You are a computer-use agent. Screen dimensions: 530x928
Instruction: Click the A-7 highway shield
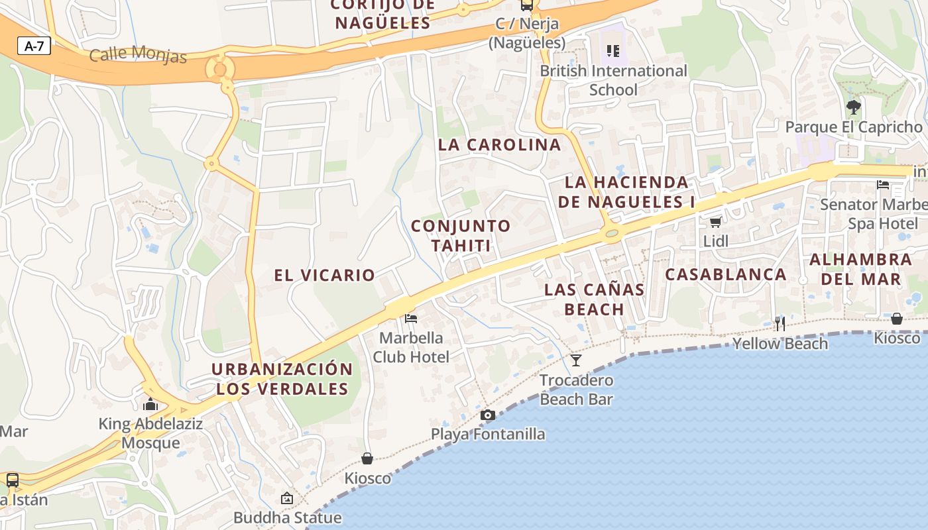click(34, 46)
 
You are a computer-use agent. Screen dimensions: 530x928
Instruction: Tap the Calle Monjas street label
click(138, 54)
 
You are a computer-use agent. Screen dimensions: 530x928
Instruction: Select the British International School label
click(613, 79)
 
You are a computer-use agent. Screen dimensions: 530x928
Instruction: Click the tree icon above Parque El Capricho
click(854, 107)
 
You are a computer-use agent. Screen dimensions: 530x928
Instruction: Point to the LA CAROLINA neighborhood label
click(499, 144)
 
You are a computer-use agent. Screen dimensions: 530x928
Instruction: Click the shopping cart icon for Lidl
click(715, 222)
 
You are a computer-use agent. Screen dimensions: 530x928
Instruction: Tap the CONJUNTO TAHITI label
click(461, 235)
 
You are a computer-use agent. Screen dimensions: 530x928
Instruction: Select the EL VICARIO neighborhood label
click(324, 275)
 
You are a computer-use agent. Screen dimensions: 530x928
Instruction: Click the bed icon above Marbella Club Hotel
click(411, 319)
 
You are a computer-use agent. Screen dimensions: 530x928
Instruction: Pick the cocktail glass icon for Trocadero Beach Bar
click(575, 360)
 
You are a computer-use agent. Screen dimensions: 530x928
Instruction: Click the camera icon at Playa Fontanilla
click(488, 415)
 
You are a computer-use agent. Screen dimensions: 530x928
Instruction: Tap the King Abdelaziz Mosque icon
click(150, 404)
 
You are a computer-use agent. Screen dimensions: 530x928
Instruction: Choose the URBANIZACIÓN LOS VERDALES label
click(282, 379)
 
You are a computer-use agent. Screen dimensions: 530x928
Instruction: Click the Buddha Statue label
click(287, 517)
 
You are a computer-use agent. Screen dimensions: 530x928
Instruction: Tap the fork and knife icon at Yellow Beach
click(780, 323)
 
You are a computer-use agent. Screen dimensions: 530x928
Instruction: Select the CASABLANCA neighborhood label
click(726, 274)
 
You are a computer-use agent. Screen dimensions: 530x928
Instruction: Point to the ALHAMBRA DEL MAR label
click(860, 268)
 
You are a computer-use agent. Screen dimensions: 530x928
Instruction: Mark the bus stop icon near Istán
click(13, 480)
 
